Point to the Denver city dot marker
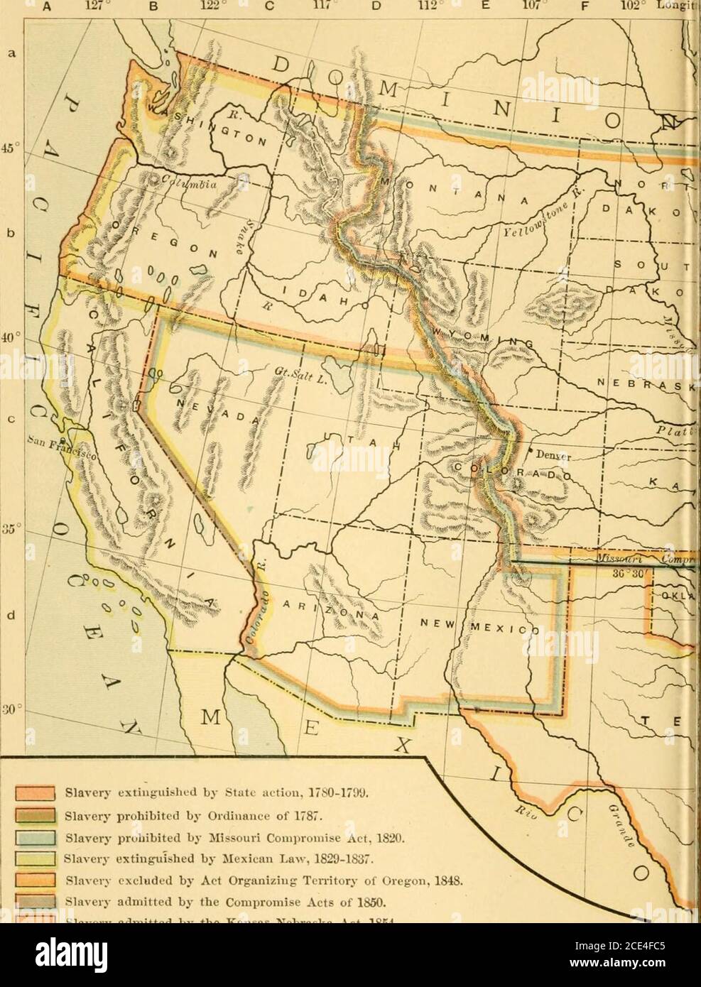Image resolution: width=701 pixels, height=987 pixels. click(x=530, y=451)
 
